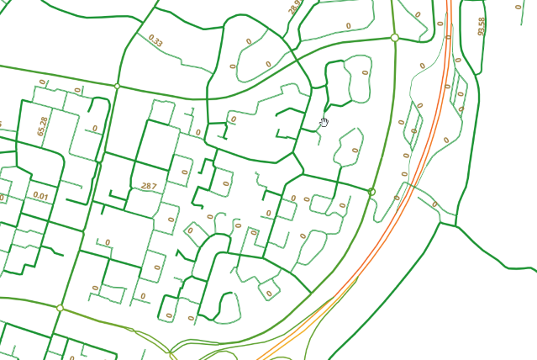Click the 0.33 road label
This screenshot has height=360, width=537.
[155, 40]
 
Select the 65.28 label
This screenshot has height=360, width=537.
[43, 127]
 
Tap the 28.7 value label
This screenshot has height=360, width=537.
[149, 186]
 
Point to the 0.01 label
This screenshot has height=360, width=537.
[40, 196]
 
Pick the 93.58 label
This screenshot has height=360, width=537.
[482, 26]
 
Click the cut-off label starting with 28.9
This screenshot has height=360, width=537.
[294, 8]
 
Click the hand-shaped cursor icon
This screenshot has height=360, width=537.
[324, 123]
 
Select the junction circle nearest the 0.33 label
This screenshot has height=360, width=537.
[117, 87]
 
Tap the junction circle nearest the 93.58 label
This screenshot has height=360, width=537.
[394, 38]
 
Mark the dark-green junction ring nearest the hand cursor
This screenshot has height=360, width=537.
[371, 192]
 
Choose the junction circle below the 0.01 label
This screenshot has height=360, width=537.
[60, 309]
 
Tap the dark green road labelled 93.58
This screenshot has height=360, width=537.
[485, 50]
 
